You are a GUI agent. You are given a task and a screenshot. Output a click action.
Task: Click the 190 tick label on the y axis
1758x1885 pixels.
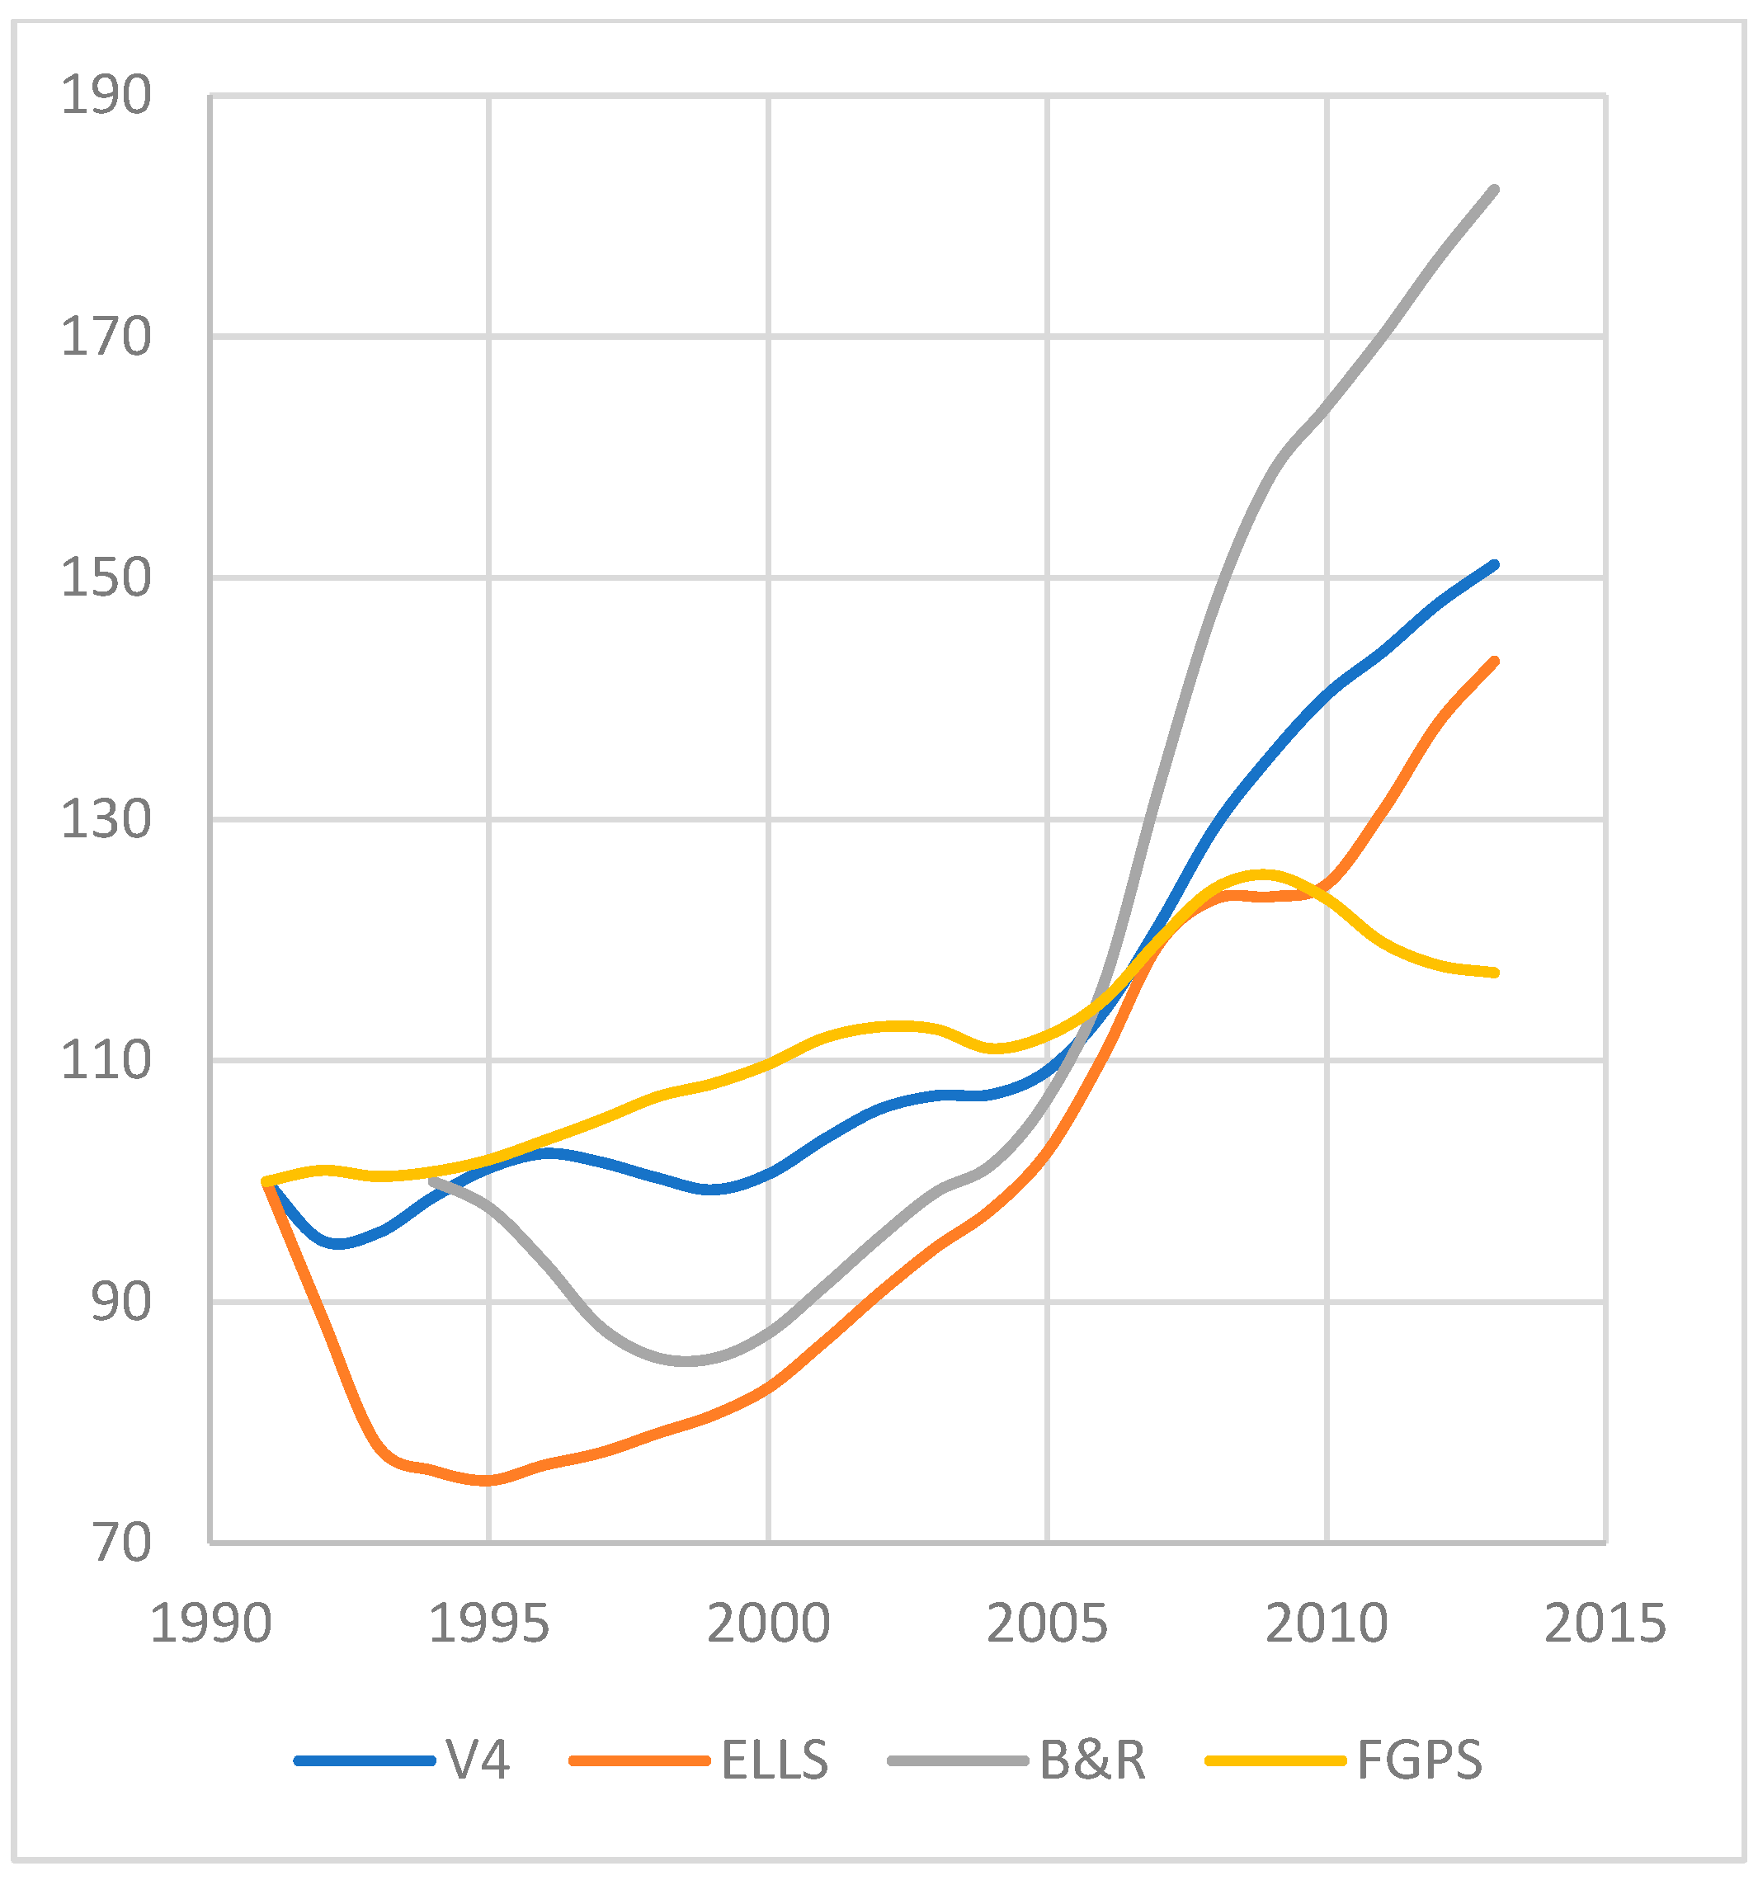coord(106,96)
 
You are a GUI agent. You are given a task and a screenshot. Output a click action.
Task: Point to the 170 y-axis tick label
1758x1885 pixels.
coord(106,337)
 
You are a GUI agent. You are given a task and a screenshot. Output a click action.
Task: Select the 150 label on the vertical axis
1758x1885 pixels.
coord(106,578)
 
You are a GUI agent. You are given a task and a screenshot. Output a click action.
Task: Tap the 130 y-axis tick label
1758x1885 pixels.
coord(106,819)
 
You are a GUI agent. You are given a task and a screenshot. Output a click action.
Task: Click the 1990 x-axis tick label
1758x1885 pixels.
coord(210,1624)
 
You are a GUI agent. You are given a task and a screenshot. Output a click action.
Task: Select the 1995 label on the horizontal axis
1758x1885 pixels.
coord(489,1624)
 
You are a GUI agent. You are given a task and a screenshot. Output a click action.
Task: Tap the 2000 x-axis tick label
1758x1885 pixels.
coord(768,1624)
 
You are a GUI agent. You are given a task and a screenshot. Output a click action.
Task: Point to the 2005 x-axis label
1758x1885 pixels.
coord(1047,1624)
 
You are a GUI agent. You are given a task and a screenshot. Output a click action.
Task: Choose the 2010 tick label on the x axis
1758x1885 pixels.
coord(1326,1624)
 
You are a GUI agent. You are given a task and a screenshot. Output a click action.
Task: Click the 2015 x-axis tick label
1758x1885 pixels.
coord(1605,1624)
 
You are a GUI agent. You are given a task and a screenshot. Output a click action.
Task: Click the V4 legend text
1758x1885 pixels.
coord(478,1760)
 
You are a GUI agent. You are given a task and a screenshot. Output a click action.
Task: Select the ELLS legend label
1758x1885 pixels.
coord(774,1760)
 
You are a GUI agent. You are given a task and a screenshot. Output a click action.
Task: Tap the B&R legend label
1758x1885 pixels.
coord(1092,1760)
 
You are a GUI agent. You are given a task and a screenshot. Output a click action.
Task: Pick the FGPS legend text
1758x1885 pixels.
coord(1419,1760)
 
